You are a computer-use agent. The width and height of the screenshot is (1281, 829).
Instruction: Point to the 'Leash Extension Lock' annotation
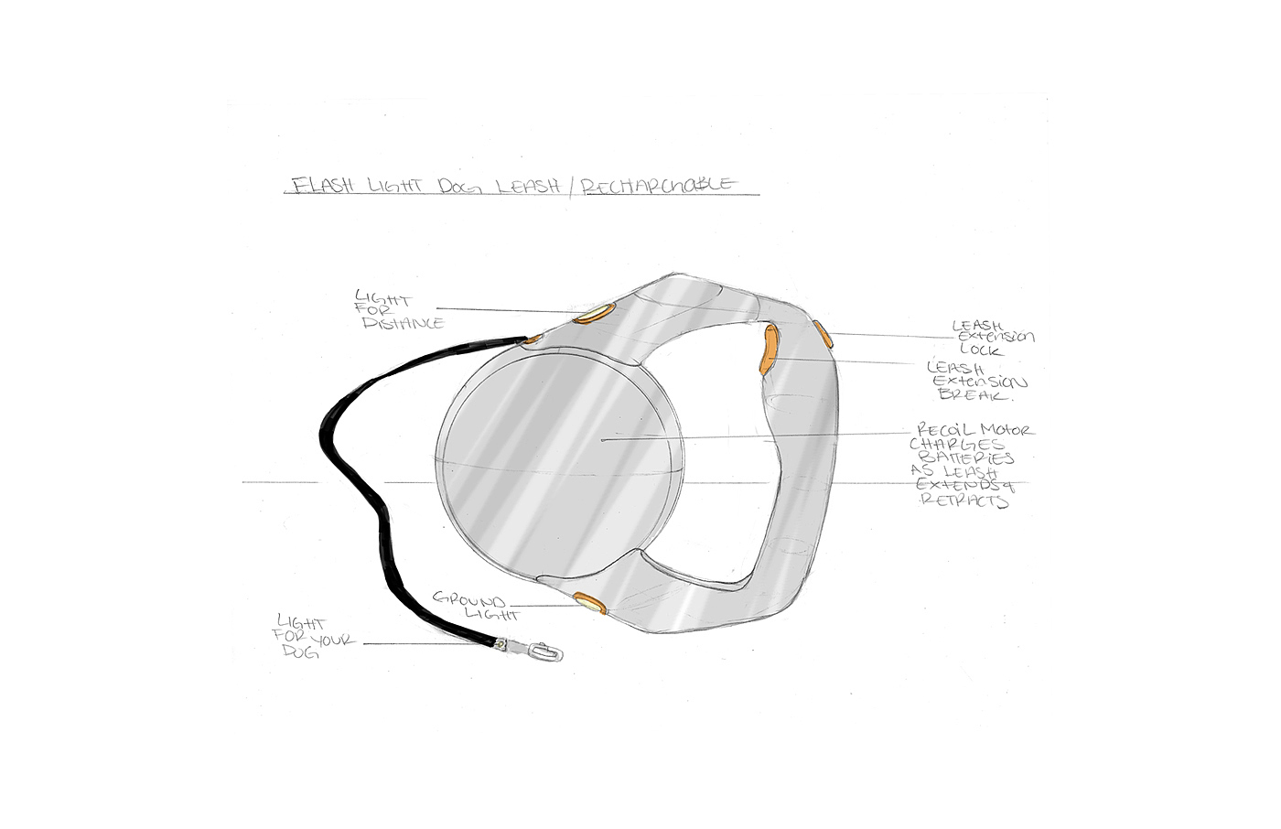click(x=992, y=338)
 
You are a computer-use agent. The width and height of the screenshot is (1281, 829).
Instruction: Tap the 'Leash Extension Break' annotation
click(x=976, y=381)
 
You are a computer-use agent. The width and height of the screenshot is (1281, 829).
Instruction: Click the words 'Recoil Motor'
click(x=974, y=430)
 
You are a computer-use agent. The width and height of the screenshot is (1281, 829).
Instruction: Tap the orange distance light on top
click(x=592, y=316)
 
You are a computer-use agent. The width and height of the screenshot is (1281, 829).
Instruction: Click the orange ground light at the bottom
click(x=590, y=602)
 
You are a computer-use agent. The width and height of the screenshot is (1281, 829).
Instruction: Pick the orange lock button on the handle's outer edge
click(x=823, y=334)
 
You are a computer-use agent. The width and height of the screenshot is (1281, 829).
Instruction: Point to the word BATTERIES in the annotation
click(x=973, y=458)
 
